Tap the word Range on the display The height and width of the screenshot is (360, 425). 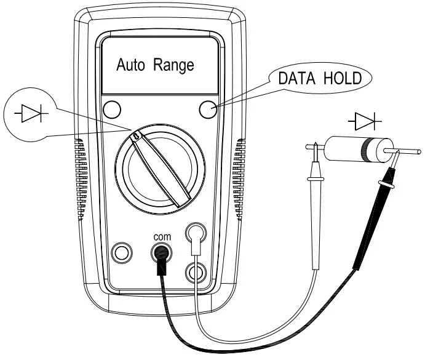click(x=173, y=65)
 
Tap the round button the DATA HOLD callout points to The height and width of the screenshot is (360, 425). click(x=209, y=110)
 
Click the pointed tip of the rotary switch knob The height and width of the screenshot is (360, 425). click(x=134, y=134)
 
